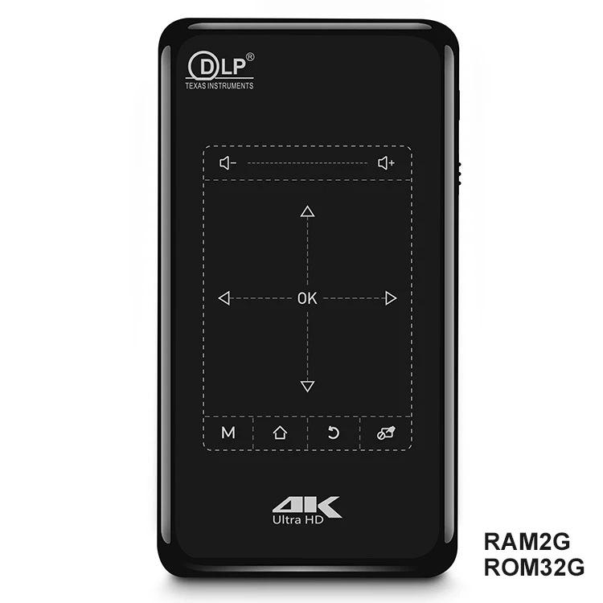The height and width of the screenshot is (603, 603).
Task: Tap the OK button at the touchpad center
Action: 307,298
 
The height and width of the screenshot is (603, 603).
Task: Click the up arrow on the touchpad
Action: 307,211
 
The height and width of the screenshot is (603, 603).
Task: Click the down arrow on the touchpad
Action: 307,386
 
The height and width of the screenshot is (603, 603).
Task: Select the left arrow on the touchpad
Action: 224,298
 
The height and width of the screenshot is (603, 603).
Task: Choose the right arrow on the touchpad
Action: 391,298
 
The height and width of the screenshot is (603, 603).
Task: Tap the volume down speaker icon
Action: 228,163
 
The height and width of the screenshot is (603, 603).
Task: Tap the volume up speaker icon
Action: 386,163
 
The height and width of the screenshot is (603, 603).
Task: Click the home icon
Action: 280,433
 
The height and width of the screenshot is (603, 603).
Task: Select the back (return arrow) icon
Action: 333,433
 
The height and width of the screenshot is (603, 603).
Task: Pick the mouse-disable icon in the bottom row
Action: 386,433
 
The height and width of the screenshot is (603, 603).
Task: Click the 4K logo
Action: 306,505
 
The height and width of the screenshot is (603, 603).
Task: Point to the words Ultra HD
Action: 298,520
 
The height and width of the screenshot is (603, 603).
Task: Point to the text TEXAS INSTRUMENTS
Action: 219,86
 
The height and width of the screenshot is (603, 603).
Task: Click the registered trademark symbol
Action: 250,57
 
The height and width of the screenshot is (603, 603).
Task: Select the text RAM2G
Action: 527,542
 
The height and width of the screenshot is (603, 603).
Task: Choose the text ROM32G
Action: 534,568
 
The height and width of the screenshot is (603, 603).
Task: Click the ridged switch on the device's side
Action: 459,174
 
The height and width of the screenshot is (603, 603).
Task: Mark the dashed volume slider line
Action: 307,163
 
